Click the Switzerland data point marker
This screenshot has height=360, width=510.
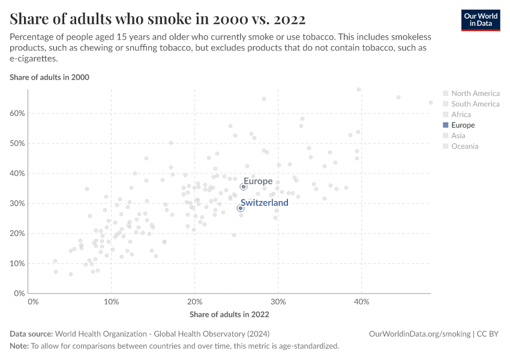click(241, 208)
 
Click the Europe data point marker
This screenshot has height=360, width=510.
click(244, 187)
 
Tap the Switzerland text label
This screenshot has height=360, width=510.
click(264, 203)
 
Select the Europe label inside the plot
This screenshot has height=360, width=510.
click(258, 181)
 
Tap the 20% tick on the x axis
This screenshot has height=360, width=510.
click(194, 302)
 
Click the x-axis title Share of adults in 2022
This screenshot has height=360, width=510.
click(229, 314)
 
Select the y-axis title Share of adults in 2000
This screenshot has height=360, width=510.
click(49, 77)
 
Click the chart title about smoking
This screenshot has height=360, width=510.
click(157, 19)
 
